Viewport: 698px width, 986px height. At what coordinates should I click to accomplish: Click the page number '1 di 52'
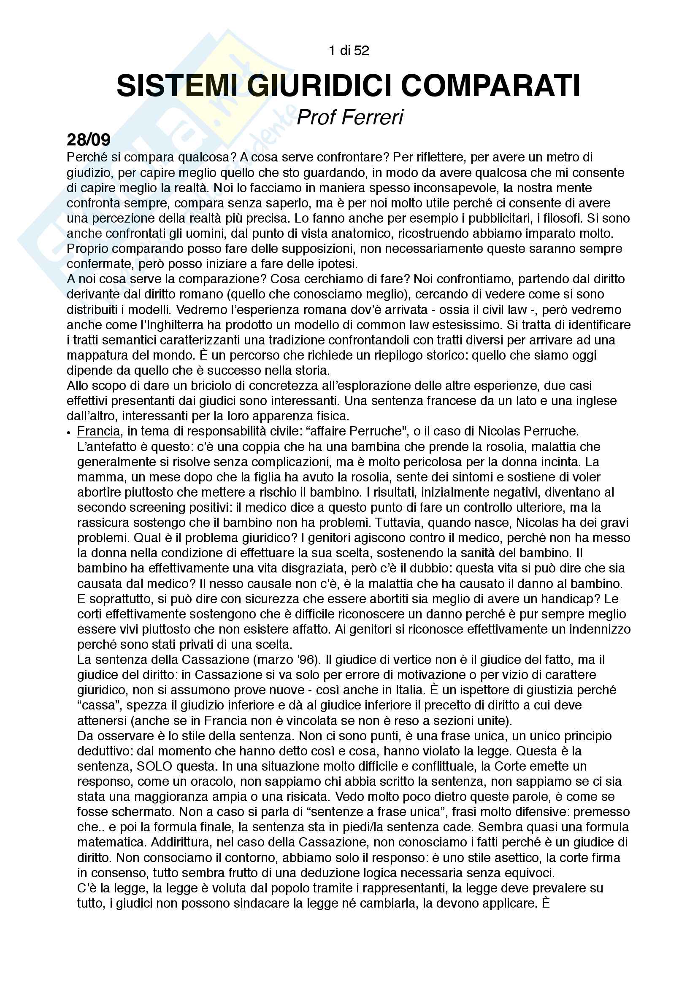tap(349, 51)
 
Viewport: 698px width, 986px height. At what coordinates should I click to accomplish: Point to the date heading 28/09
tap(89, 140)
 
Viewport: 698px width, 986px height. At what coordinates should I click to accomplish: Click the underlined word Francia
tap(98, 431)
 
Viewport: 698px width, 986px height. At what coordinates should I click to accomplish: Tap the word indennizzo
tap(600, 629)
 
